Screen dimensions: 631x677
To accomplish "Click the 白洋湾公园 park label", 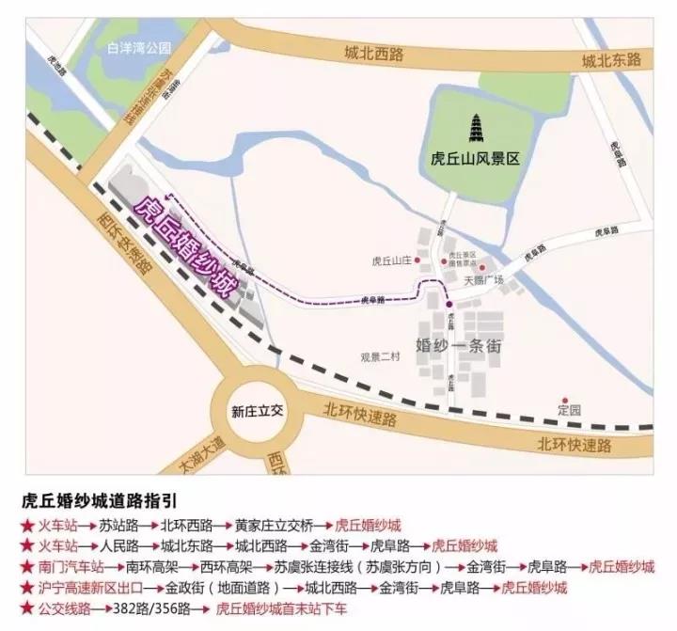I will coord(139,46).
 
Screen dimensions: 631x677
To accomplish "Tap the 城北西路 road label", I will coord(373,55).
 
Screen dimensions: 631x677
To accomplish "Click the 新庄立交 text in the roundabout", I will coord(258,411).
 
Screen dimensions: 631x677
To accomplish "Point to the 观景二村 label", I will coord(380,356).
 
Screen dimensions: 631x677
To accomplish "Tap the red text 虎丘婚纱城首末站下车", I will coord(281,609).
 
